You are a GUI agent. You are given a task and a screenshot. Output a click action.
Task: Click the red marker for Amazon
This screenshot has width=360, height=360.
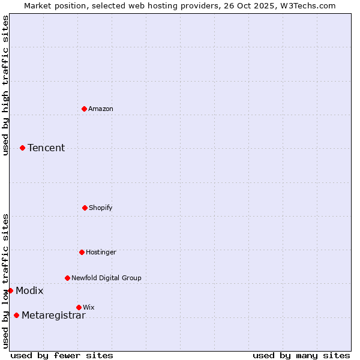tap(84, 109)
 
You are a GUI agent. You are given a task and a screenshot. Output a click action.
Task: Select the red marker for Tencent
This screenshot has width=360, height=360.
tap(22, 148)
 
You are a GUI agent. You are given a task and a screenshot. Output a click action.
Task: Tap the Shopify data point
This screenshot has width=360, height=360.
tap(85, 208)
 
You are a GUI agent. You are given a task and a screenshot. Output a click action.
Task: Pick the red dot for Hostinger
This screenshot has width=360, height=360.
tap(82, 252)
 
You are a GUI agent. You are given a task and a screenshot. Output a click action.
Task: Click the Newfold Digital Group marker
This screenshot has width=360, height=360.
tap(67, 278)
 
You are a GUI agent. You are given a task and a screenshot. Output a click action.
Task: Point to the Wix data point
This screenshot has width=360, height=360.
tap(79, 307)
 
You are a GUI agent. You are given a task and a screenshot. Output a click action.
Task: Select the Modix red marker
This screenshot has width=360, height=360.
tap(10, 290)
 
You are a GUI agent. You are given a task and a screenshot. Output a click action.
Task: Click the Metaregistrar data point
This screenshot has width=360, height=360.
tap(16, 315)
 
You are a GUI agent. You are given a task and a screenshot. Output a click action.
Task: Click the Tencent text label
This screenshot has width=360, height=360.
tap(46, 148)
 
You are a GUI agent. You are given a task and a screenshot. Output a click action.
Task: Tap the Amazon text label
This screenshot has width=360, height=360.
tap(101, 109)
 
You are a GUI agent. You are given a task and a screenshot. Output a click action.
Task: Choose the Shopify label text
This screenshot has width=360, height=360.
tap(101, 208)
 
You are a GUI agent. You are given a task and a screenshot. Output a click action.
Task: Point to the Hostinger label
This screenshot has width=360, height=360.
tap(101, 252)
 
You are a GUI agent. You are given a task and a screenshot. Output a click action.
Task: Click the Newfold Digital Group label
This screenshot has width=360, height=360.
tap(106, 278)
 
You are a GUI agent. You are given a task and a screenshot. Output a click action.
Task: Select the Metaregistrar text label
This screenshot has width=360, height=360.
tap(53, 316)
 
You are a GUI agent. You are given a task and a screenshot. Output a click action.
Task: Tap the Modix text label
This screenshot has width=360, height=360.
tap(29, 291)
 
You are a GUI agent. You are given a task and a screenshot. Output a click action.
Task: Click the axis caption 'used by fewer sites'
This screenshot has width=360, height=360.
tap(62, 355)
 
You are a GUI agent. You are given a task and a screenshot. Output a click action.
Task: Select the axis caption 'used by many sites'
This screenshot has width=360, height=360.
tap(301, 355)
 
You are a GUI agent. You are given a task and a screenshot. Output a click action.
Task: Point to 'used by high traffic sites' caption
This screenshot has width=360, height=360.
tap(6, 85)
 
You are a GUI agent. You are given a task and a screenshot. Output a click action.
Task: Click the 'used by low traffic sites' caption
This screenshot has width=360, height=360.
tap(6, 281)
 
